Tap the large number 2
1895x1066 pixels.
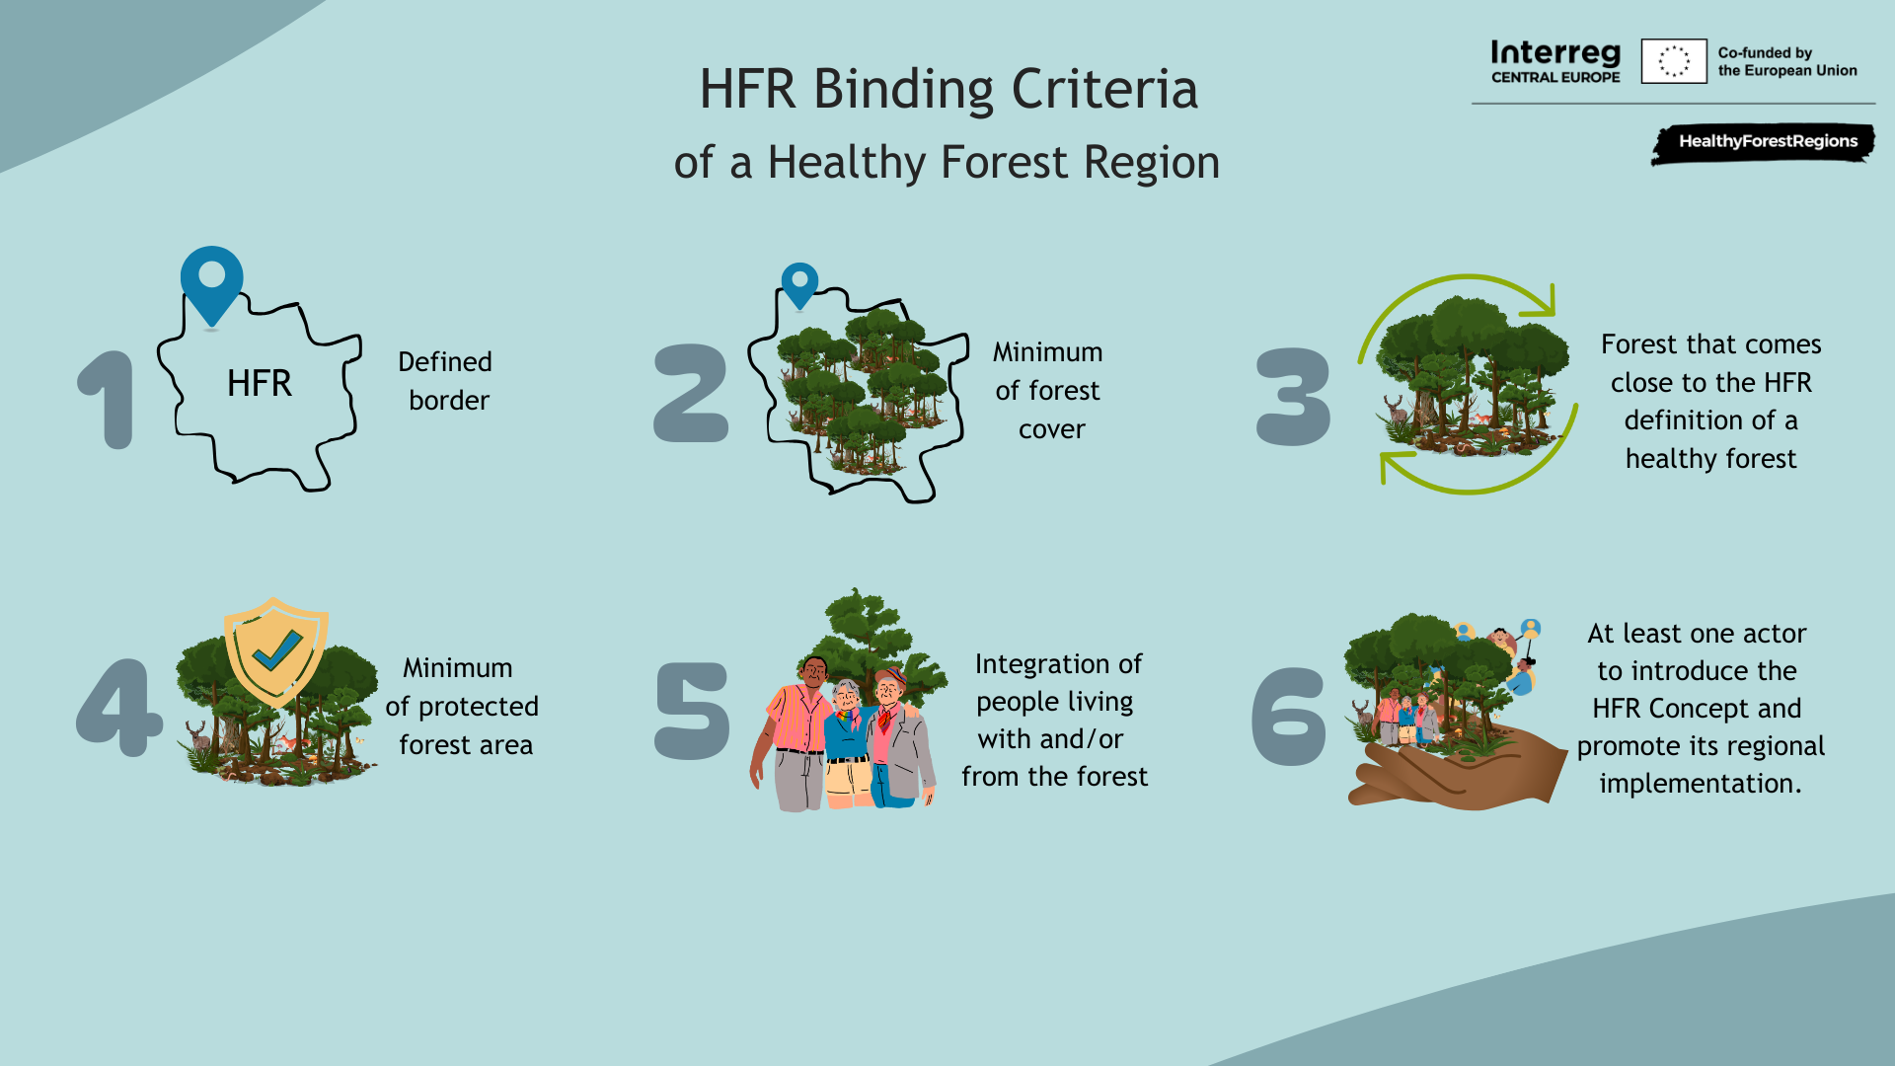click(x=691, y=392)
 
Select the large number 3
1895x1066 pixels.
click(x=1293, y=396)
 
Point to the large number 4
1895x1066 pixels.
click(x=118, y=708)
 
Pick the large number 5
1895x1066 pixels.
click(x=693, y=711)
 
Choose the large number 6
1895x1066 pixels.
click(x=1289, y=716)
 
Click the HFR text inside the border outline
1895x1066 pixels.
click(x=260, y=383)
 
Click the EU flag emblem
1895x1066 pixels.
click(x=1674, y=61)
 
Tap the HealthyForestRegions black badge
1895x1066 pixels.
click(x=1764, y=143)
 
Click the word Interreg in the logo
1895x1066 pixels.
click(x=1555, y=52)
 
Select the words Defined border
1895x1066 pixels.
click(x=446, y=381)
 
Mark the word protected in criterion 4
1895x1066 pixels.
click(x=479, y=708)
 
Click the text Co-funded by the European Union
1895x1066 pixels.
click(x=1787, y=61)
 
